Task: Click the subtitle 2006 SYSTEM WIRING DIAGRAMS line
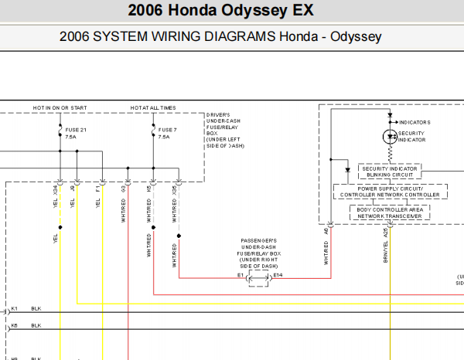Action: [x=220, y=37]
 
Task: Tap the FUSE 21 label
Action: [x=75, y=129]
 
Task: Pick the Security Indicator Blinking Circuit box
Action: [x=390, y=172]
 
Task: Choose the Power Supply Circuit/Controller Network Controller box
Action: [x=390, y=192]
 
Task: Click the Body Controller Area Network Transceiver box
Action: [x=390, y=212]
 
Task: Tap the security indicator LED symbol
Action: [x=390, y=137]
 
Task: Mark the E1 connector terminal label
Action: [x=241, y=275]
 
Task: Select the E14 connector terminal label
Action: [x=278, y=275]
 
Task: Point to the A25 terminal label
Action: [x=385, y=231]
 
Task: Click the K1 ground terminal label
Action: [x=15, y=308]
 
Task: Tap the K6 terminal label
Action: [x=15, y=326]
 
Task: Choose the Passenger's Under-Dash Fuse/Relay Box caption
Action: [x=259, y=253]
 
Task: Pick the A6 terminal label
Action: [x=327, y=231]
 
